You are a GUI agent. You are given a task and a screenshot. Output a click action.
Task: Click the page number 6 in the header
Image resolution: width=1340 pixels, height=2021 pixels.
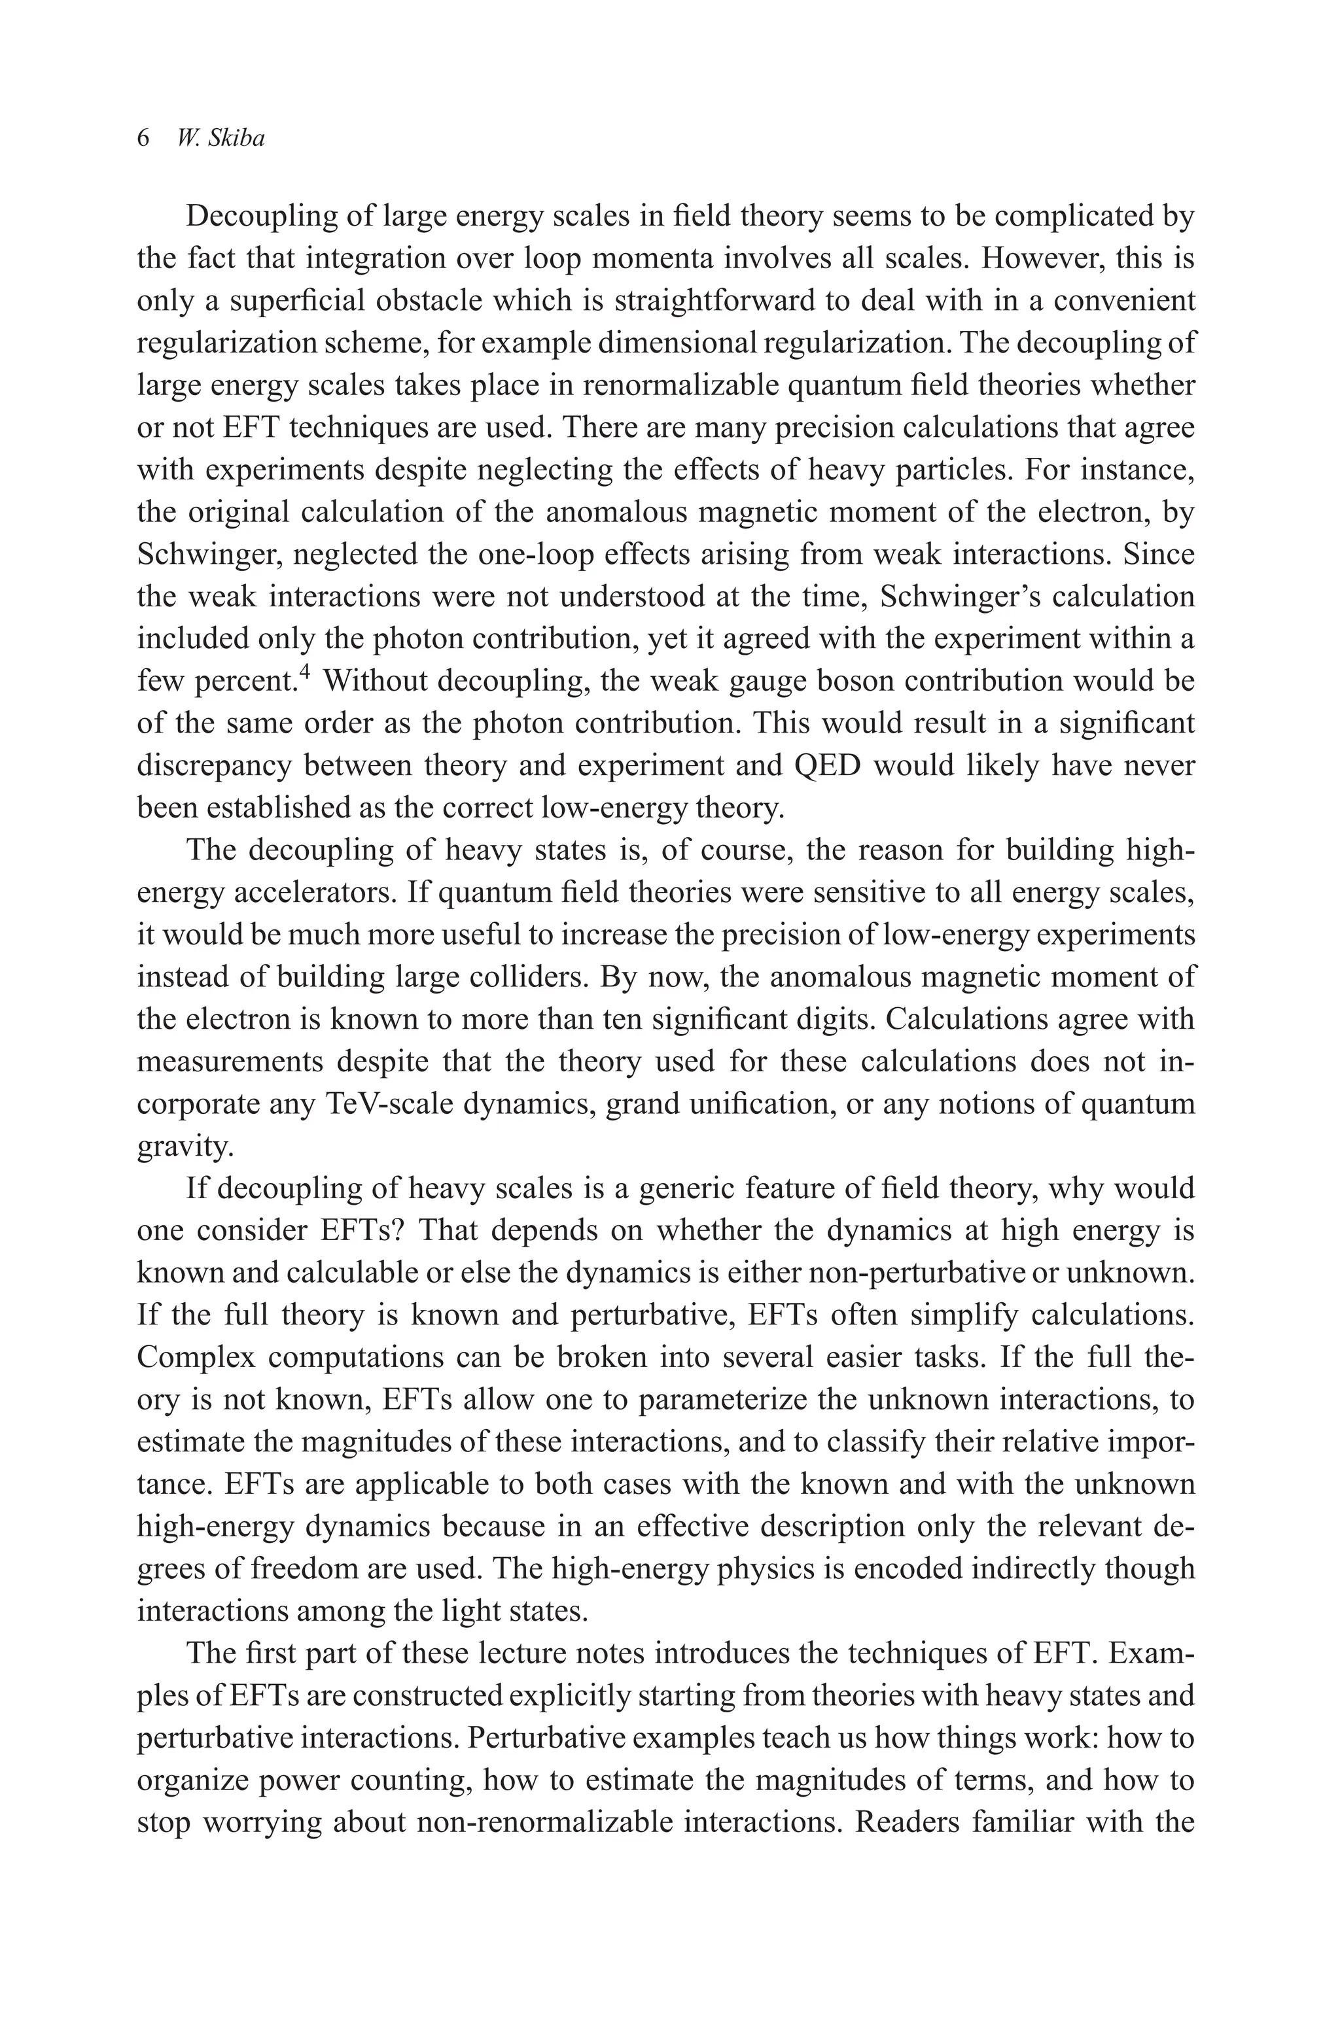143,139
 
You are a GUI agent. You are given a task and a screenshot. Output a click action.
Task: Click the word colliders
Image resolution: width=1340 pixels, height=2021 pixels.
525,976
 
